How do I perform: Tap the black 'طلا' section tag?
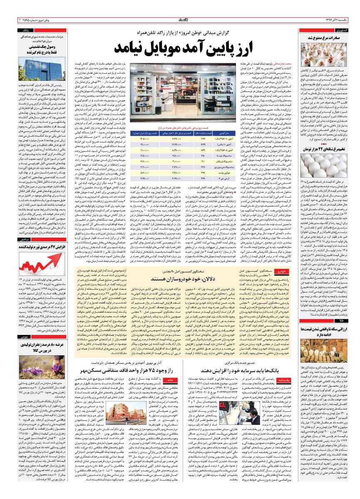[342, 321]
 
